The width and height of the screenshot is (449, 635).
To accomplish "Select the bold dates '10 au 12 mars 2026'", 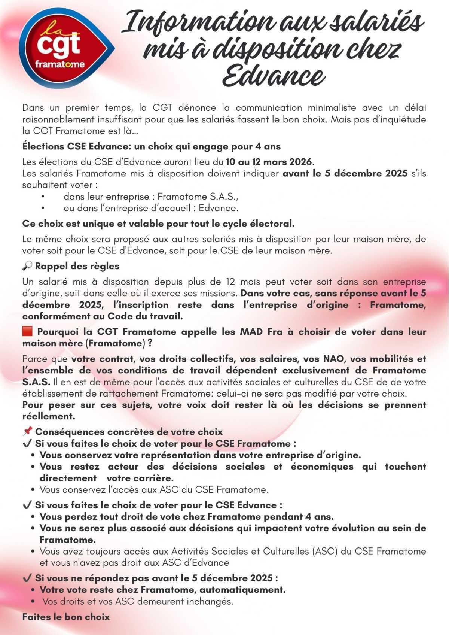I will pos(269,162).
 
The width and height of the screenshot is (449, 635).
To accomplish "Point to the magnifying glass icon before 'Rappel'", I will pos(27,266).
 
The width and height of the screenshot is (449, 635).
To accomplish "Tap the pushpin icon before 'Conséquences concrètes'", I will pos(27,432).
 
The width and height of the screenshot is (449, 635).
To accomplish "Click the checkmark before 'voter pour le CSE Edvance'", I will pos(27,505).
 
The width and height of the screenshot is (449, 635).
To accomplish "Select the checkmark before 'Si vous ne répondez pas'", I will pos(27,578).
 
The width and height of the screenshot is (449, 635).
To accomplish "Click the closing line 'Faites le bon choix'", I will pos(66,617).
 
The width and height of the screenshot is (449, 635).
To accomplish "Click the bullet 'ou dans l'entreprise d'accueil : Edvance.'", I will pos(151,208).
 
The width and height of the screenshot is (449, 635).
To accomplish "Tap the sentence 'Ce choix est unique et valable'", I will pos(158,224).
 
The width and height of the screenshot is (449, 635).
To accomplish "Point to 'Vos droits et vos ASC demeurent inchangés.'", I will pos(138,601).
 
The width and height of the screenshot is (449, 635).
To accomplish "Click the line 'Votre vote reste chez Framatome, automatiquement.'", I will pos(162,590).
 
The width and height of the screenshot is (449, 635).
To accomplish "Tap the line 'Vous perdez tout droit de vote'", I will pos(186,517).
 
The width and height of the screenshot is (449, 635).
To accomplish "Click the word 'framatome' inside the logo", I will pos(60,64).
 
